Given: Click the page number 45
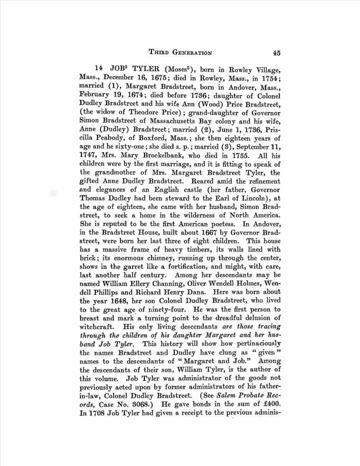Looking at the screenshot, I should coord(278,53).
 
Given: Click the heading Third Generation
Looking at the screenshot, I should coord(180,53).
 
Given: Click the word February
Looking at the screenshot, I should coord(96,95).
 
